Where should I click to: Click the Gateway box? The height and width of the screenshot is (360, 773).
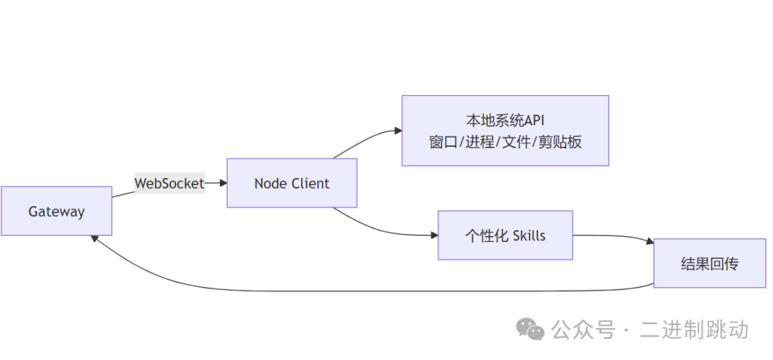pos(57,211)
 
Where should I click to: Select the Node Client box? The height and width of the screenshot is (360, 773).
pos(292,183)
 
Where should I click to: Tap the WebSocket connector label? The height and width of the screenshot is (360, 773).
pos(170,183)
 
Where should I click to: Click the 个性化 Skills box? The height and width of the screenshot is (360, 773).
pos(505,235)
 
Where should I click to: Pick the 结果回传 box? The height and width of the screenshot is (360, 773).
pos(709,263)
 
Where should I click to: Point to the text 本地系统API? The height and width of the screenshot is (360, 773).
pos(505,120)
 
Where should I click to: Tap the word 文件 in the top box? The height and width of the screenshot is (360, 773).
pos(516,142)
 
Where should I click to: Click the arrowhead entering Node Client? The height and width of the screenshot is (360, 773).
pos(223,183)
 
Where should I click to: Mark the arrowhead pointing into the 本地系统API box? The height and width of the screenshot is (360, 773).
pos(397,130)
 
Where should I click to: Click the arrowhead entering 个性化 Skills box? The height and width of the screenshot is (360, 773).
pos(434,235)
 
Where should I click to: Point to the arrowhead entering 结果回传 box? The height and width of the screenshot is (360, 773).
pos(649,243)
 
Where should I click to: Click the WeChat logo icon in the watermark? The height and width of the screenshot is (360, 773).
pos(531,329)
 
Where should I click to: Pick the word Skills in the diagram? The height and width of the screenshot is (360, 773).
pos(529,235)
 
